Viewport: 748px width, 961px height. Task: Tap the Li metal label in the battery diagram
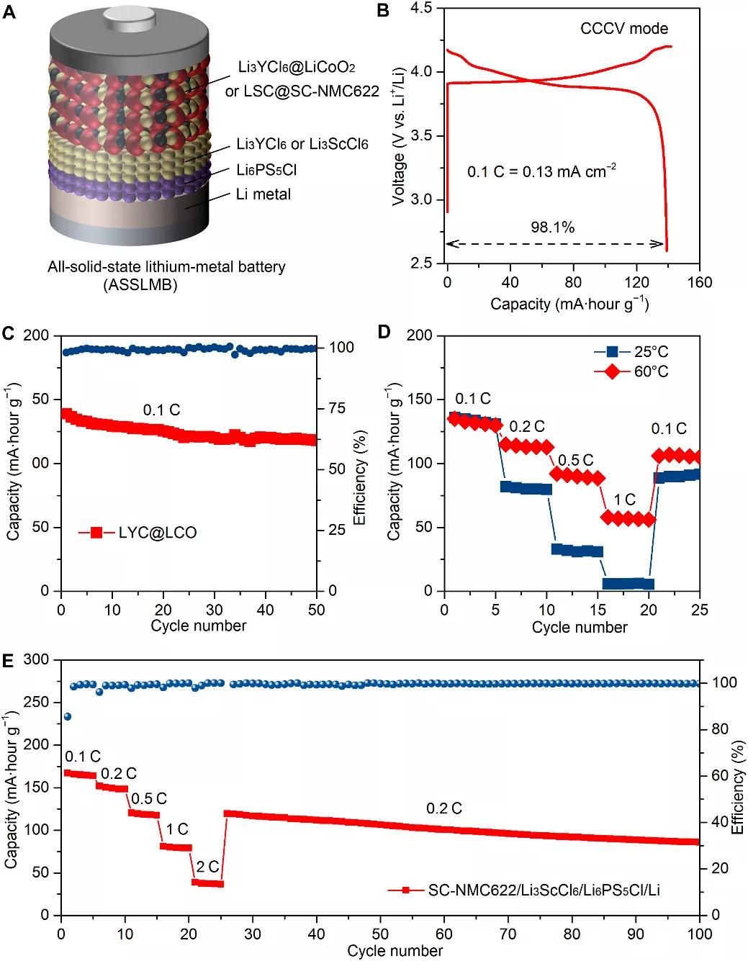(263, 194)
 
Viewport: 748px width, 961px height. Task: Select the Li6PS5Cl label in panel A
(266, 170)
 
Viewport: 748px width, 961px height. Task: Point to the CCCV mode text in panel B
(624, 29)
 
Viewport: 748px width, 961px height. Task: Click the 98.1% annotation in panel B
(552, 227)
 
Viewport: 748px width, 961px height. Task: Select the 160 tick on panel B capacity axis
(699, 281)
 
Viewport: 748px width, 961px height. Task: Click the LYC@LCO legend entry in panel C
(157, 533)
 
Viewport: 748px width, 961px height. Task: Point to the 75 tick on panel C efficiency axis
(337, 408)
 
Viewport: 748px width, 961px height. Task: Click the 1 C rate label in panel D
(624, 500)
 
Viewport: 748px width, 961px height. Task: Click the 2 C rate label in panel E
(207, 866)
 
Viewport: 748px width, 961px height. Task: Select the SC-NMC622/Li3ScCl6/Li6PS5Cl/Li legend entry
(544, 890)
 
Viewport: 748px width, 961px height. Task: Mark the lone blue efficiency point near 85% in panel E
(68, 716)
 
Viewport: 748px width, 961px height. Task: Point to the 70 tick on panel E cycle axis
(508, 934)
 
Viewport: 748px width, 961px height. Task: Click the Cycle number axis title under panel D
(580, 627)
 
